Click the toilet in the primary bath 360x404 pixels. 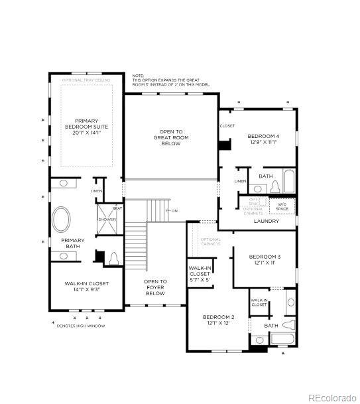click(113, 257)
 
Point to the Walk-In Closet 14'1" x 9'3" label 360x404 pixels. click(86, 287)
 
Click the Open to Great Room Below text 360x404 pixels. click(171, 137)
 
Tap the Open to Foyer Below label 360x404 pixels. click(155, 287)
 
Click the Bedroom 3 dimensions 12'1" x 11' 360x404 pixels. click(265, 263)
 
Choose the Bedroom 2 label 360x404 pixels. click(218, 320)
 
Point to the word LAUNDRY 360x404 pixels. click(267, 221)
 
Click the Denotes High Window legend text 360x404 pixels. click(82, 326)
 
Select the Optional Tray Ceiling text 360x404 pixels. click(86, 80)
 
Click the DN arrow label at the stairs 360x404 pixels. click(174, 211)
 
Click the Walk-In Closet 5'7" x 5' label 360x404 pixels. click(200, 273)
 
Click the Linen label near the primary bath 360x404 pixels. click(97, 191)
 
